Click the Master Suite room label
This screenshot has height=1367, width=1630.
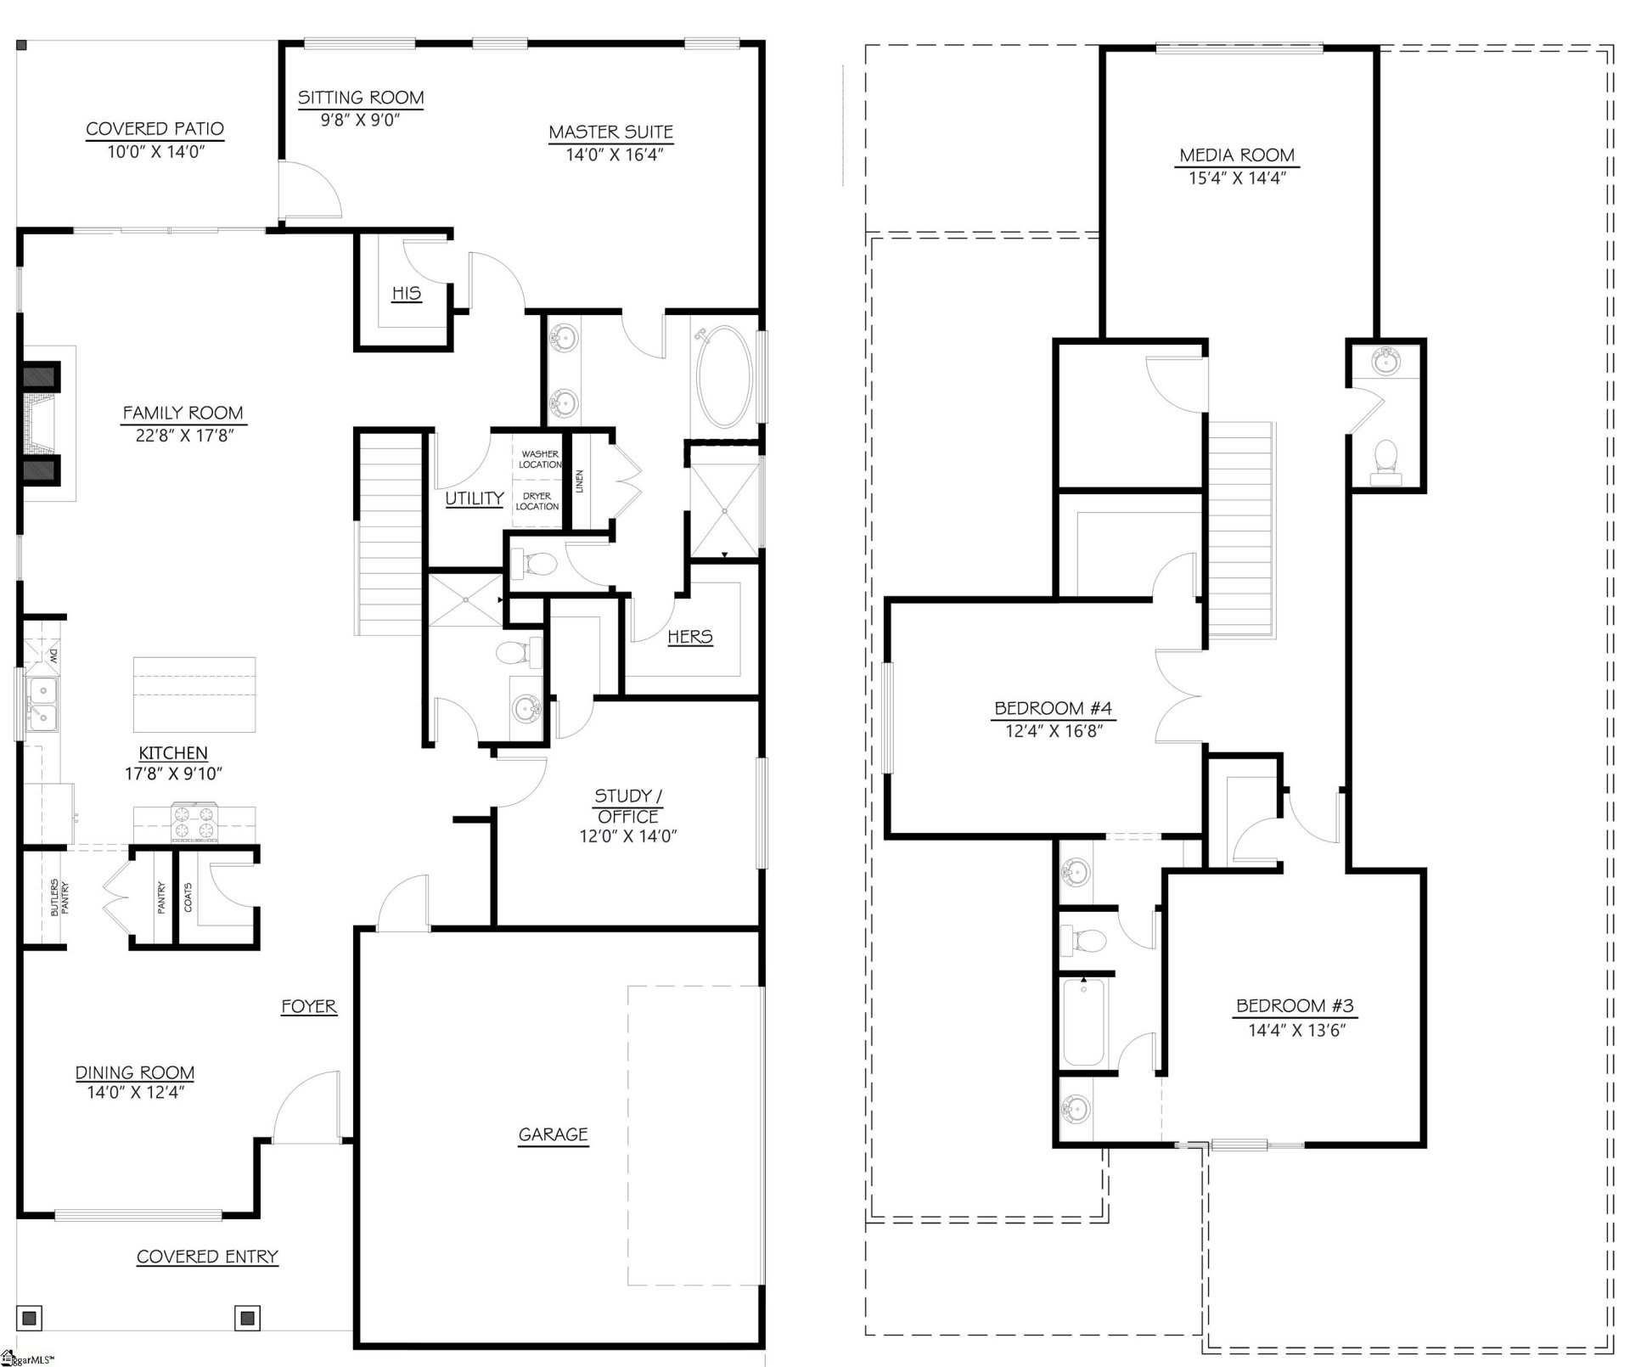tap(610, 132)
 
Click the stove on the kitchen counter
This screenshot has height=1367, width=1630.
tap(194, 822)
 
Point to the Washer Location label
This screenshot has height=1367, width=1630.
tap(540, 459)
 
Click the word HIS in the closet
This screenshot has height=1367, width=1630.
tap(406, 294)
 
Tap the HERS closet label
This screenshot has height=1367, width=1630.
tap(689, 637)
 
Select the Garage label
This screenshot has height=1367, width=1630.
tap(553, 1134)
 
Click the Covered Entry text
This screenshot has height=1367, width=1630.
tap(207, 1257)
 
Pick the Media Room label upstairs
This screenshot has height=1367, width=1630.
tap(1237, 155)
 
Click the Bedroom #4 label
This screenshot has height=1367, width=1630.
tap(1053, 708)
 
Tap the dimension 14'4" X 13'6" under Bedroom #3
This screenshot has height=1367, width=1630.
tap(1296, 1030)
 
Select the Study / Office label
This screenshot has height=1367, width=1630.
tap(627, 806)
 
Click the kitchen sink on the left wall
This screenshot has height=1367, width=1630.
tap(40, 704)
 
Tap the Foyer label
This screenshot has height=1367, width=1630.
tap(309, 1007)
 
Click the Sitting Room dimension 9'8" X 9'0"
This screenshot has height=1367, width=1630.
tap(360, 120)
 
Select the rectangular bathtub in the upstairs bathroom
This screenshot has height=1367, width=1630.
tap(1083, 1022)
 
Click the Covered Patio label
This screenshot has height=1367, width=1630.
tap(155, 129)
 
